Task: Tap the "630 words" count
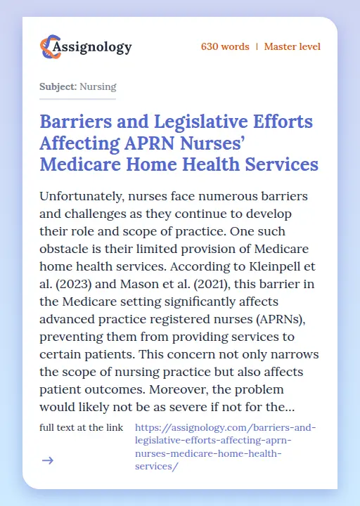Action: click(225, 47)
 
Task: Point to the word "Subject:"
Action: click(58, 87)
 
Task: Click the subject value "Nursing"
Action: click(98, 87)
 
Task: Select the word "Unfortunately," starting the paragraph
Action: click(84, 195)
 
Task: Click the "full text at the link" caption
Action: click(82, 427)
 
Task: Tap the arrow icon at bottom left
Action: click(48, 460)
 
